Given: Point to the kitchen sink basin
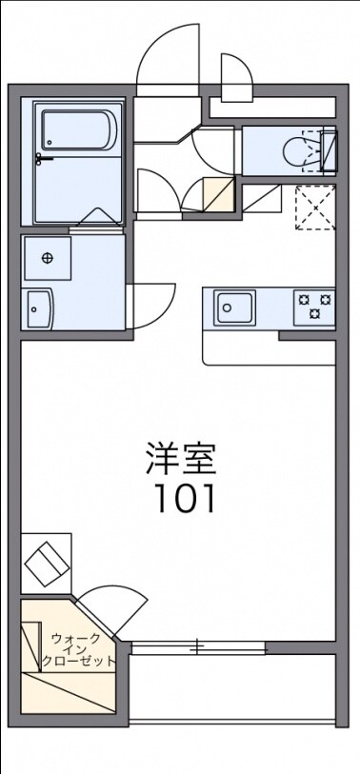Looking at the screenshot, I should [234, 307].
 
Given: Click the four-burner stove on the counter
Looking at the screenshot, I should [314, 306].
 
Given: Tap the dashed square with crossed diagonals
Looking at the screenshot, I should [315, 207].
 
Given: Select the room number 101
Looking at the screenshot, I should [181, 498].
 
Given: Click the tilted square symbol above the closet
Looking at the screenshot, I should [46, 565].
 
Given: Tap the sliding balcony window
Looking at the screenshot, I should [198, 647].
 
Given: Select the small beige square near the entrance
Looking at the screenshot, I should [219, 194].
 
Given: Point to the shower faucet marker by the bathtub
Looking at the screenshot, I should [39, 158].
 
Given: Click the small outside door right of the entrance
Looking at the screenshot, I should [233, 76].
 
